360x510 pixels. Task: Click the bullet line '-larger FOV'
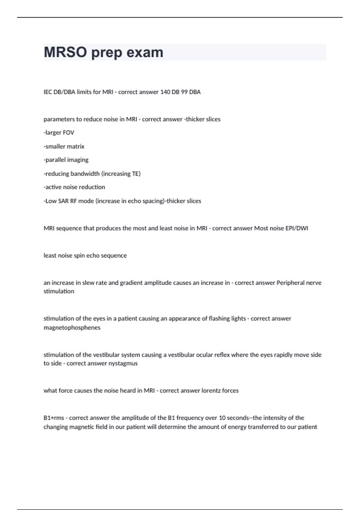coord(59,133)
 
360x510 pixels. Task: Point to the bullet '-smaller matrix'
coord(64,146)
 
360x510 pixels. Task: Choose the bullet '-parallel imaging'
coord(66,160)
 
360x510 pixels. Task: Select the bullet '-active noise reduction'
coord(74,187)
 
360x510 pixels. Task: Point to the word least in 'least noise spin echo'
coord(50,256)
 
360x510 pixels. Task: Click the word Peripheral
coord(290,283)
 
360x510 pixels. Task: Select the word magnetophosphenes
coord(72,328)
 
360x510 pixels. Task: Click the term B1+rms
coord(54,418)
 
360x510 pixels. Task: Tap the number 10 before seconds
coord(222,418)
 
